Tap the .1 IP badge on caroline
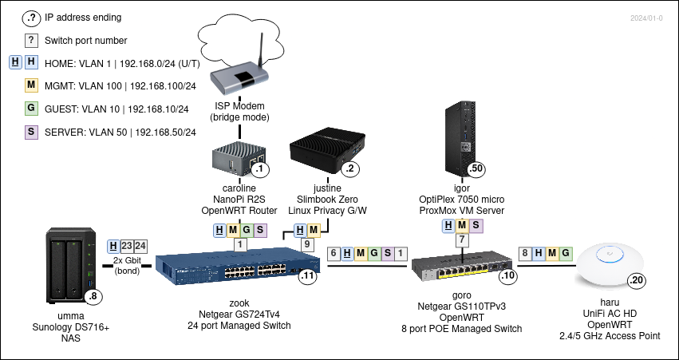pos(259,168)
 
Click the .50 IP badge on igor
pos(476,168)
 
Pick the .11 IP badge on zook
pos(307,277)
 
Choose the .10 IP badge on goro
pos(507,276)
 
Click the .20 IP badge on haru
pos(637,280)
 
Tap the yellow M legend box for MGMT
pos(31,85)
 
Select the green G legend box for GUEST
pos(31,109)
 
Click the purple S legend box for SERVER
pos(31,132)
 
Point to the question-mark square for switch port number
pos(31,40)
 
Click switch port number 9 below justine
pos(308,245)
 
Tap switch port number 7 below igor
pos(461,240)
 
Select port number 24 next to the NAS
pos(140,246)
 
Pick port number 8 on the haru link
pos(524,254)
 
